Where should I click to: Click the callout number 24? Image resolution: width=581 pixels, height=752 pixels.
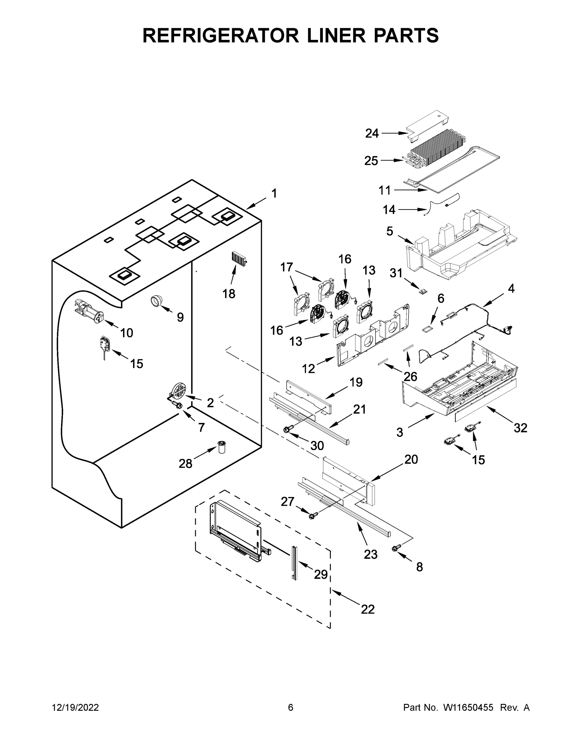pos(372,133)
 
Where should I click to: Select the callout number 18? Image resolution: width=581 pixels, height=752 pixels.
pos(229,294)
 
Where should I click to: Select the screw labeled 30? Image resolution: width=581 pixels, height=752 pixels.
pos(288,429)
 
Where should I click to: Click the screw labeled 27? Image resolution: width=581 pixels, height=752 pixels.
pos(313,515)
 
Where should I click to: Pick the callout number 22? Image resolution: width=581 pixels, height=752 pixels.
pos(367,609)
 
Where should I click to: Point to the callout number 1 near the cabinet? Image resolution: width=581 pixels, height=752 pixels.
pos(274,194)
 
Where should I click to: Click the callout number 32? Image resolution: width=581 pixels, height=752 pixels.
pos(521,428)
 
